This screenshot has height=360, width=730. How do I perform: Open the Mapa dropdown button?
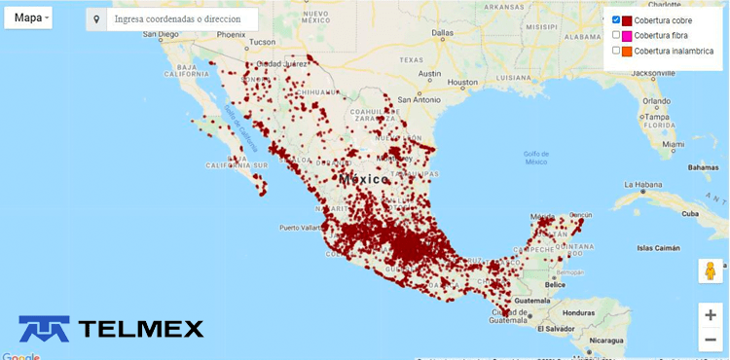coord(31,18)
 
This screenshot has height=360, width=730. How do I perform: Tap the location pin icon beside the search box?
coord(96,19)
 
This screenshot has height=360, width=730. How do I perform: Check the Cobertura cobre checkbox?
coord(616,20)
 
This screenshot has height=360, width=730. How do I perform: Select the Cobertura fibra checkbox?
coord(616,35)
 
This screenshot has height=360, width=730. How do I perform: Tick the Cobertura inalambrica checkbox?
coord(616,51)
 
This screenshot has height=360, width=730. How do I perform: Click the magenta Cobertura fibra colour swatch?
coord(628,36)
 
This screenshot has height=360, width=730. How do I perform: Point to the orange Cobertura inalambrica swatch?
coord(628,51)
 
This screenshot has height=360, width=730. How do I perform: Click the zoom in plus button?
coord(711,315)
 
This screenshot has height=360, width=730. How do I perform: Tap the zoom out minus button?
coord(711,339)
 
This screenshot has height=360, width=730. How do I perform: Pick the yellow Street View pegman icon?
coord(711,270)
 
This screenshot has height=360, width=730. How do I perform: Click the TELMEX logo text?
coord(141,329)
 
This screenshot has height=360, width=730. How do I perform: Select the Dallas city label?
coord(443,32)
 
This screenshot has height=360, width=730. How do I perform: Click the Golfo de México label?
coord(537,158)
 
